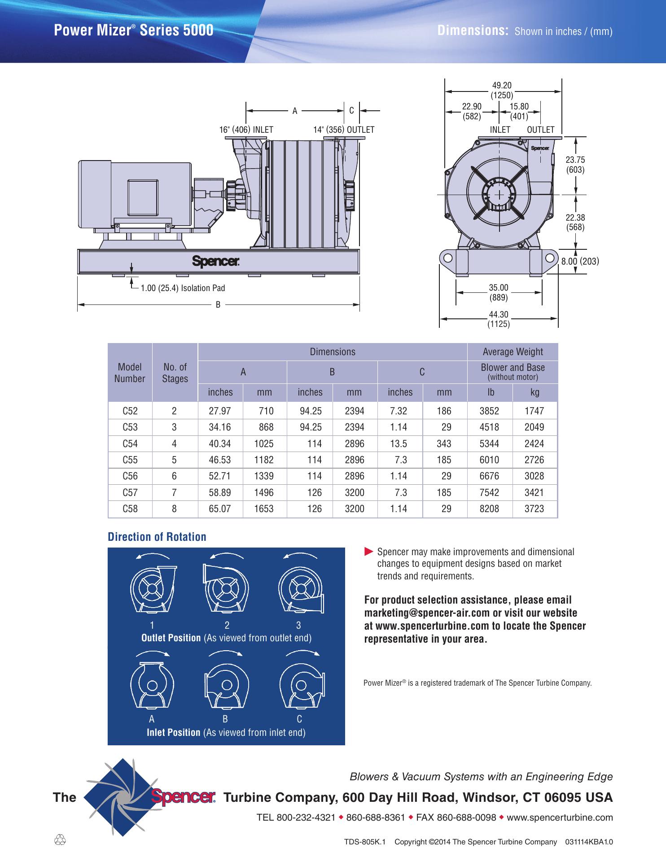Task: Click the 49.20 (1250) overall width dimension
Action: pyautogui.click(x=502, y=90)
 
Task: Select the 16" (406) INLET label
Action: pyautogui.click(x=246, y=130)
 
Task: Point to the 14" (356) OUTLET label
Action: pyautogui.click(x=344, y=130)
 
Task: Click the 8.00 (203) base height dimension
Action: pyautogui.click(x=580, y=261)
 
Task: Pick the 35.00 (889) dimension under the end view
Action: pyautogui.click(x=498, y=292)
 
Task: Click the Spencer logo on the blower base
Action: pyautogui.click(x=216, y=261)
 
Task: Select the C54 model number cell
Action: pyautogui.click(x=130, y=444)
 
